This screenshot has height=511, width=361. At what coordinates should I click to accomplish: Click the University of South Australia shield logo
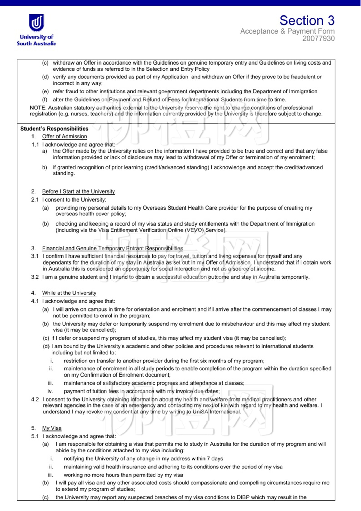click(x=36, y=23)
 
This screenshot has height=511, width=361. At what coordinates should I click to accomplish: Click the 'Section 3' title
click(x=307, y=20)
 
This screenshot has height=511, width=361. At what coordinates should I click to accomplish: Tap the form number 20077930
click(x=318, y=39)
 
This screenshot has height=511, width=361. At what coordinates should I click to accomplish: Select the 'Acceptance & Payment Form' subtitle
click(x=287, y=31)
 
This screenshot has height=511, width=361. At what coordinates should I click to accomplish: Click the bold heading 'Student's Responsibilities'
click(x=54, y=129)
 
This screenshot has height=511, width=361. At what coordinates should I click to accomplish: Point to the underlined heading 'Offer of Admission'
click(x=64, y=137)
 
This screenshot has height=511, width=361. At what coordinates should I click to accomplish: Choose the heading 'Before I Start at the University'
click(x=78, y=191)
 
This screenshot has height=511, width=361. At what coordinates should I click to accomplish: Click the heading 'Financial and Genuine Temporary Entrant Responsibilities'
click(x=112, y=248)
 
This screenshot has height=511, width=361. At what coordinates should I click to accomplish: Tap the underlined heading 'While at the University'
click(x=69, y=293)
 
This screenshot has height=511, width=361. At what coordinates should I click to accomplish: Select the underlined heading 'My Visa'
click(x=52, y=428)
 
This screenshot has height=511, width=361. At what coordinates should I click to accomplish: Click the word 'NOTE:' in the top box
click(x=38, y=108)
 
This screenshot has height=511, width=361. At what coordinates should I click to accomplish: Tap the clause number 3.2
click(x=35, y=277)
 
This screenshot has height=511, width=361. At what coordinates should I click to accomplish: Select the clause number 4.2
click(x=35, y=400)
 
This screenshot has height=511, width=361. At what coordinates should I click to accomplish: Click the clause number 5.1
click(x=35, y=436)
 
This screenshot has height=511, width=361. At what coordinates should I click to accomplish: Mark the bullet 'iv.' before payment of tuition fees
click(x=50, y=391)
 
